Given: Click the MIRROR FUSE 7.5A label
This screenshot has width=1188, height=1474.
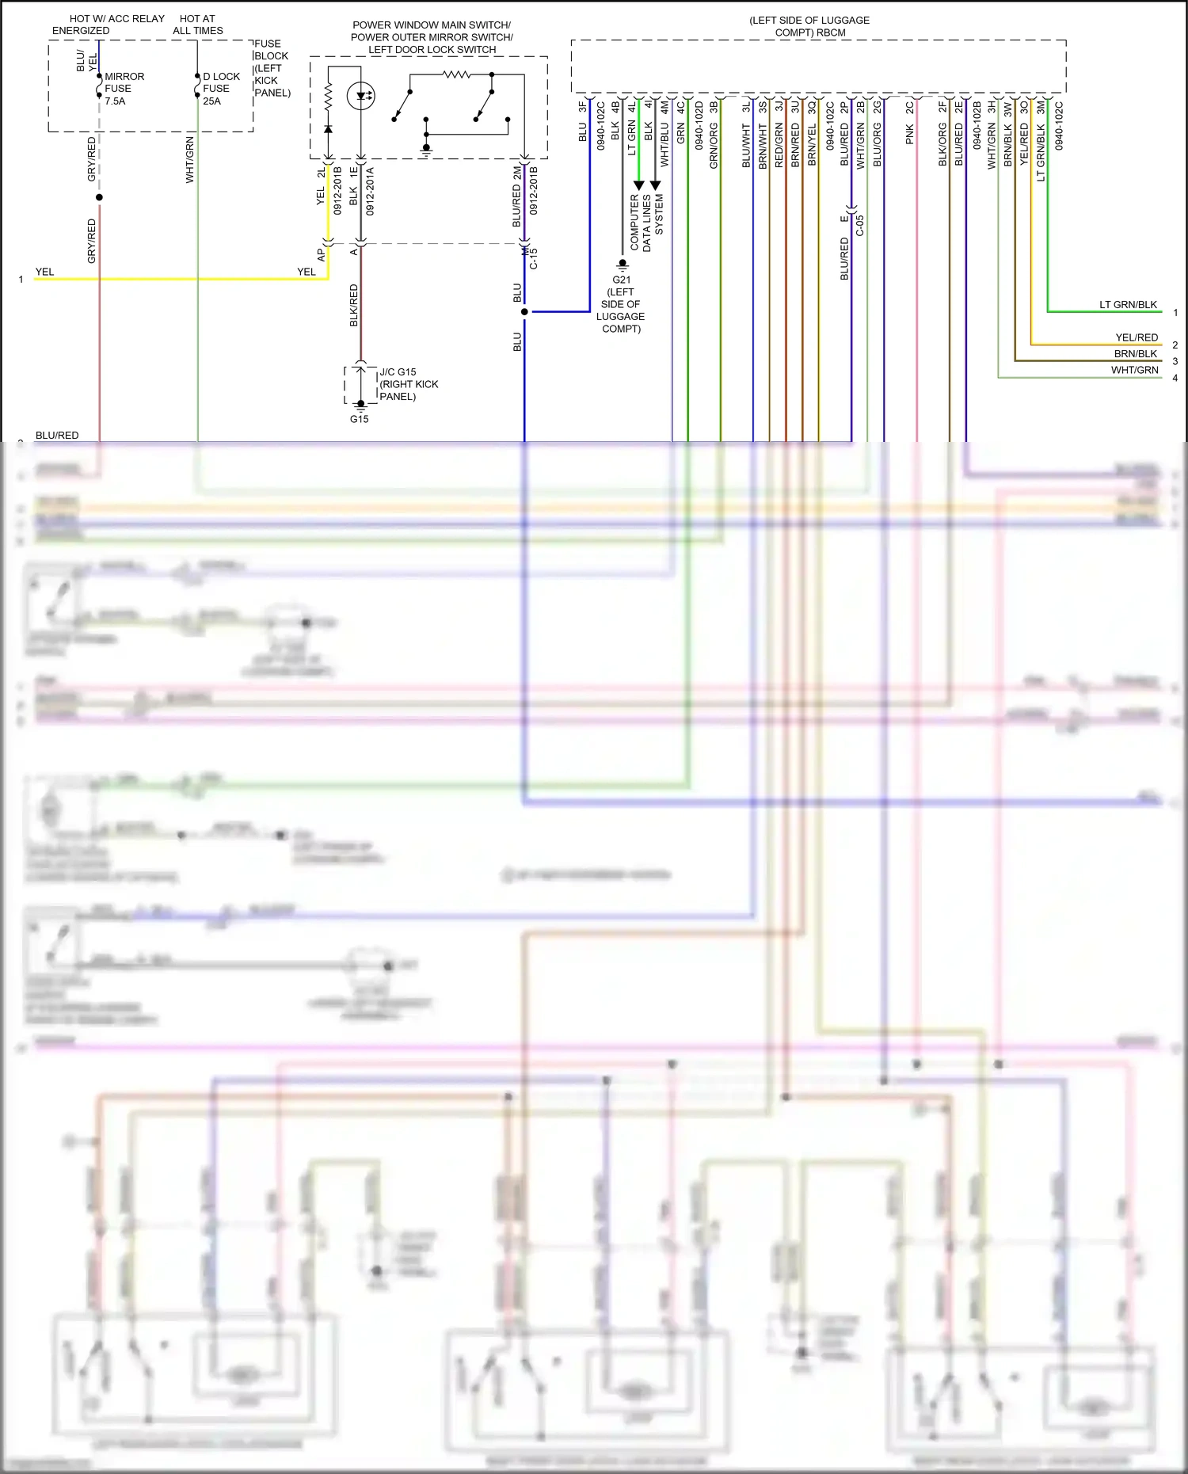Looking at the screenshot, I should tap(124, 89).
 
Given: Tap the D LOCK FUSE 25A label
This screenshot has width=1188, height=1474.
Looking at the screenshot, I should tap(220, 89).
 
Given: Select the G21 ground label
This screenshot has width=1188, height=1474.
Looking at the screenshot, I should tap(622, 280).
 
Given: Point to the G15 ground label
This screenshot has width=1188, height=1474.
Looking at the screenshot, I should tap(360, 419).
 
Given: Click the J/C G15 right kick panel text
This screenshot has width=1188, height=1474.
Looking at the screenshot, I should tap(408, 384).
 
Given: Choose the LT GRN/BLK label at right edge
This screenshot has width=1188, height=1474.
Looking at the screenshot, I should tap(1128, 305).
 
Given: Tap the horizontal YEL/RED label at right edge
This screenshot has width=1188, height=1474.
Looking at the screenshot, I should tap(1137, 337).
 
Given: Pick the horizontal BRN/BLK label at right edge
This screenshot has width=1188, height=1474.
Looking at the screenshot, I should tap(1136, 354).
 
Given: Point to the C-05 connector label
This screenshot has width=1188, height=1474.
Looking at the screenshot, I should tap(860, 226).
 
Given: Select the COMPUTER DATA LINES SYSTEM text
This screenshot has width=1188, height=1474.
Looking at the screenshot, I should tap(646, 223).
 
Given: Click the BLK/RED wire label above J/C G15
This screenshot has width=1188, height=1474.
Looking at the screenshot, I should tap(354, 306).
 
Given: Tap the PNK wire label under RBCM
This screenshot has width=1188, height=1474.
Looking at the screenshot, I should tap(910, 134).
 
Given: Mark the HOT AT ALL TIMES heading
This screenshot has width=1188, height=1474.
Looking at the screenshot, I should tap(198, 25).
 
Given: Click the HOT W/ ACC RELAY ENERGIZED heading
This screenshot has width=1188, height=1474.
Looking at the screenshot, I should tap(108, 25).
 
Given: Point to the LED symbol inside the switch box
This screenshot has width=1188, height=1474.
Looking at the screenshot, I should tap(362, 97).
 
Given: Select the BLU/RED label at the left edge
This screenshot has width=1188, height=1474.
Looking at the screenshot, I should tap(57, 436).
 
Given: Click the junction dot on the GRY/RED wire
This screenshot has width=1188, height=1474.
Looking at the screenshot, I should tap(99, 197).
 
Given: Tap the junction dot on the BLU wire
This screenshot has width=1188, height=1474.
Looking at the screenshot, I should tap(524, 312).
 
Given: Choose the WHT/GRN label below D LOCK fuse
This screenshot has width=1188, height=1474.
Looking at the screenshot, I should tap(190, 160).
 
